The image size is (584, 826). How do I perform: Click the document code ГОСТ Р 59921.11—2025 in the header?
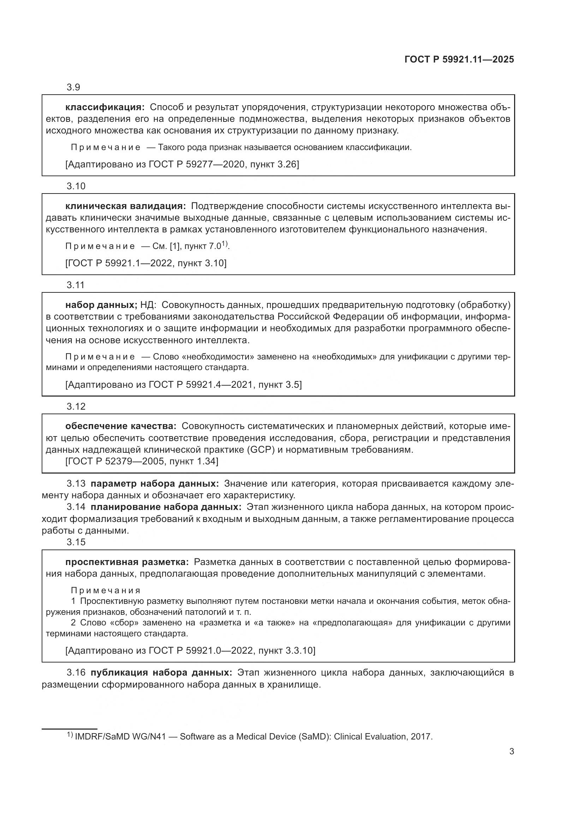(459, 59)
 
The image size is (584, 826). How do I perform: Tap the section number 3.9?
(73, 88)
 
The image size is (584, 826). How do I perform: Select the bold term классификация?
(105, 107)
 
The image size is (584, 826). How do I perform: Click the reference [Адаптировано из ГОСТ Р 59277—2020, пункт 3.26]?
(182, 165)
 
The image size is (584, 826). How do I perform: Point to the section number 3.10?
(76, 186)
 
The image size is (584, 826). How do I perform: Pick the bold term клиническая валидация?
(125, 206)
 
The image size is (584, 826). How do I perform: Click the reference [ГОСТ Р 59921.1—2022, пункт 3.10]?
(145, 263)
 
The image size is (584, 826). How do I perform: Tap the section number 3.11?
(76, 285)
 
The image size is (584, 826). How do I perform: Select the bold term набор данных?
(101, 305)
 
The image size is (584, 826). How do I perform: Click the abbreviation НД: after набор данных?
(148, 305)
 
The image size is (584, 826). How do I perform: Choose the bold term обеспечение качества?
(121, 426)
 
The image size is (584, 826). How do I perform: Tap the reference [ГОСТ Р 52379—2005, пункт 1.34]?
(142, 461)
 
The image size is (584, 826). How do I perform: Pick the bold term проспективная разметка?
(127, 562)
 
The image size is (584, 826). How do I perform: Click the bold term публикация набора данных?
(161, 672)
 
